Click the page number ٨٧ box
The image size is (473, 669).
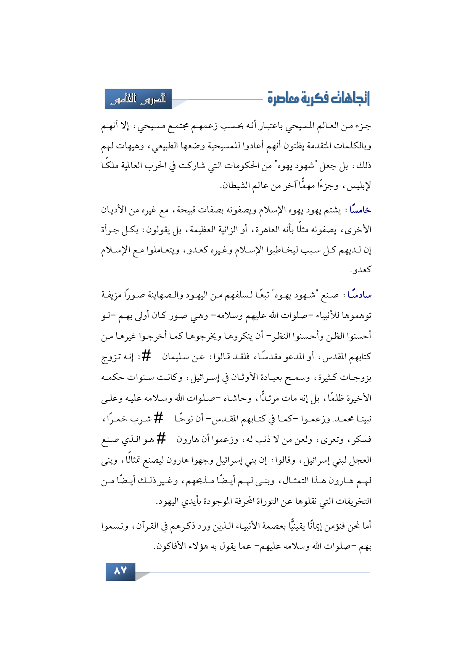click(x=120, y=571)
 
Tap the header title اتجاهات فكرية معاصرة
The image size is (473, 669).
click(x=319, y=98)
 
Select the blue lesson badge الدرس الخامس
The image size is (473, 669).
click(x=138, y=99)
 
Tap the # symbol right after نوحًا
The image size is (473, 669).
click(x=158, y=418)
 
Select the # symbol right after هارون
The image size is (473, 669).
click(x=161, y=439)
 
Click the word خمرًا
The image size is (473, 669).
click(x=115, y=418)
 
